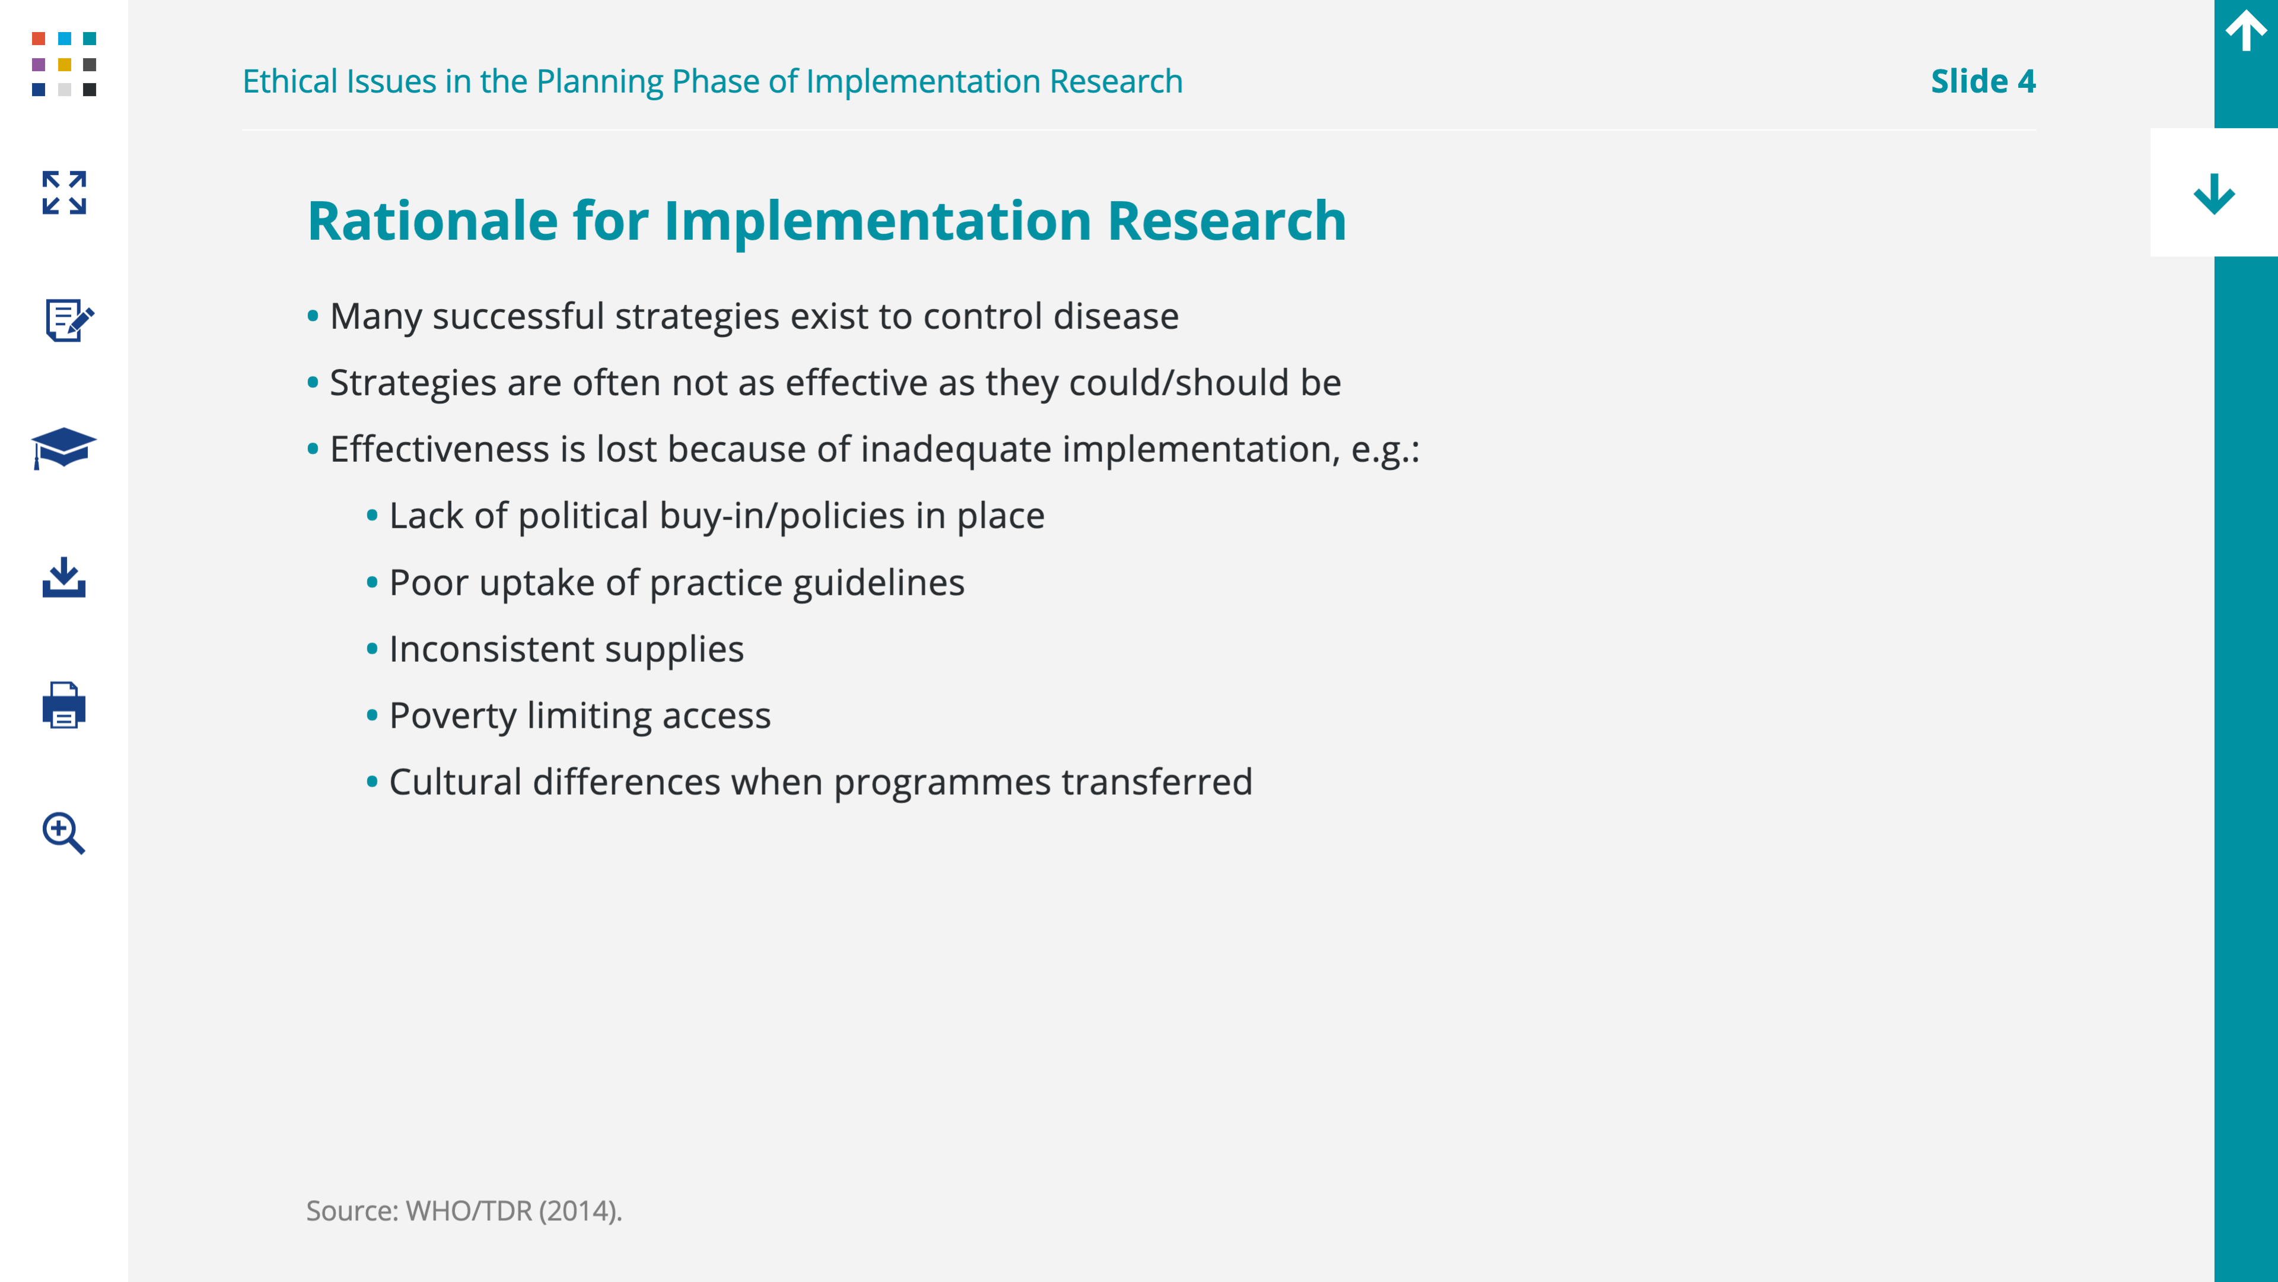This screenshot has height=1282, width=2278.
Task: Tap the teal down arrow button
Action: (x=2215, y=193)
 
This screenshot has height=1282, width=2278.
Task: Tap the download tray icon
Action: (x=63, y=577)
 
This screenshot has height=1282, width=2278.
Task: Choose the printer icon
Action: (x=63, y=705)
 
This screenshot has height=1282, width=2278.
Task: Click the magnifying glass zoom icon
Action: (x=63, y=833)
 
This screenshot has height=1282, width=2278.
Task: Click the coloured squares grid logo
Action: (x=63, y=64)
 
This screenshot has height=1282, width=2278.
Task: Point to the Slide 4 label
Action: (x=1983, y=81)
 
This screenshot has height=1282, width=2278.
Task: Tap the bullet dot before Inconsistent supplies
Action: (x=373, y=649)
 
